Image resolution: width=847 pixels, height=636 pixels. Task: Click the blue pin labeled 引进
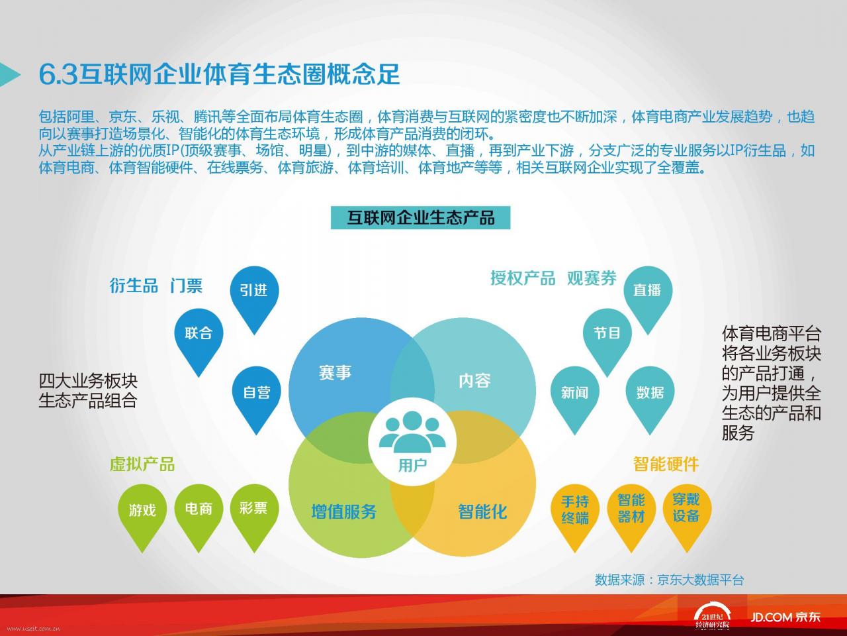[254, 295]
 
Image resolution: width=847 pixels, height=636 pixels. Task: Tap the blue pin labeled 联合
[199, 338]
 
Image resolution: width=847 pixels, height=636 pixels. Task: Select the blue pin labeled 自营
[257, 396]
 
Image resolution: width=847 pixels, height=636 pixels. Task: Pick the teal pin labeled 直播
[648, 295]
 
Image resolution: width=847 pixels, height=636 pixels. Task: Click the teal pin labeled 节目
[607, 338]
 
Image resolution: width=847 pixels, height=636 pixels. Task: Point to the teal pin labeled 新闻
[574, 396]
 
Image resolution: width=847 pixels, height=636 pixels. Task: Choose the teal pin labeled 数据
[650, 396]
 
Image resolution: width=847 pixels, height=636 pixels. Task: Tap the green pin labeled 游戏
[142, 513]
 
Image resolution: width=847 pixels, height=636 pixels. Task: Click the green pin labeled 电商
[199, 513]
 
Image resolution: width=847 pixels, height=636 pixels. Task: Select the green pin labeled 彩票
[254, 513]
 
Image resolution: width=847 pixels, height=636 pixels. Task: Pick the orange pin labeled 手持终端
[575, 513]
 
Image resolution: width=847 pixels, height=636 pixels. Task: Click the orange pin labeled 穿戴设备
[687, 513]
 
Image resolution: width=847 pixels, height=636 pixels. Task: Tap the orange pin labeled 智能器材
[631, 513]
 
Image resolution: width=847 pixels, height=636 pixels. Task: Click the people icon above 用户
[412, 432]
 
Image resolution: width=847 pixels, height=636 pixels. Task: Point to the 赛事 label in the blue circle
[335, 372]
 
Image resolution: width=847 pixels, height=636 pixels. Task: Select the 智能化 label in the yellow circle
[482, 511]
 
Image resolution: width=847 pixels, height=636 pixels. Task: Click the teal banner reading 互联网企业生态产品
[421, 218]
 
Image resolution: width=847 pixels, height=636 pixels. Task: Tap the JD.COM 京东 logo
[785, 617]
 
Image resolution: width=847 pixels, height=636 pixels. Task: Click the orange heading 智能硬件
[666, 464]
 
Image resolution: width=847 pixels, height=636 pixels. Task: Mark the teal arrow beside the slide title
[10, 74]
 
